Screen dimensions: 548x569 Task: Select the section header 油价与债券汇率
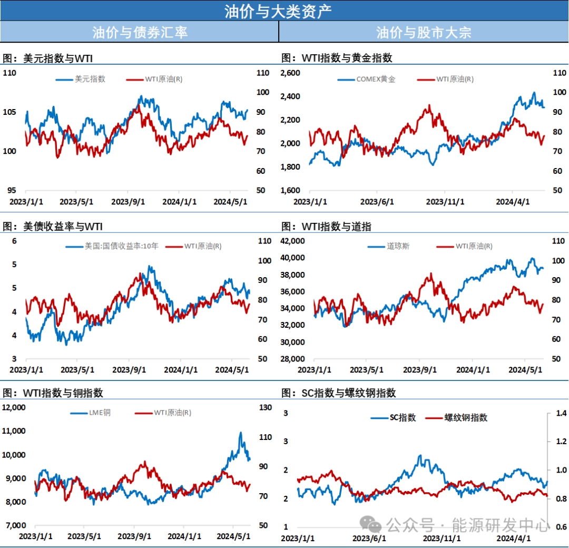(140, 32)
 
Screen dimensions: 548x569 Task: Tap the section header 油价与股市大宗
(424, 32)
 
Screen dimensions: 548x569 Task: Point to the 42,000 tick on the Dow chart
(292, 241)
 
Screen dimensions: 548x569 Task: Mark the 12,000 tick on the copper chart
(14, 407)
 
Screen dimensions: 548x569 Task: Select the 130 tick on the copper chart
(266, 407)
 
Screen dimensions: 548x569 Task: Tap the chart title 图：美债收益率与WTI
(53, 227)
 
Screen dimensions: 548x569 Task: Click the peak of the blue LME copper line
(241, 433)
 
